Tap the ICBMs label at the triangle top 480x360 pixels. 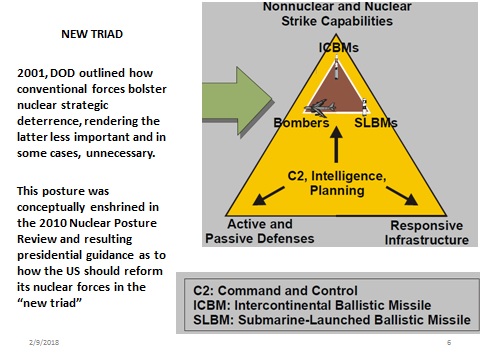click(338, 47)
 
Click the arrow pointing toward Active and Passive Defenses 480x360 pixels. click(266, 196)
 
